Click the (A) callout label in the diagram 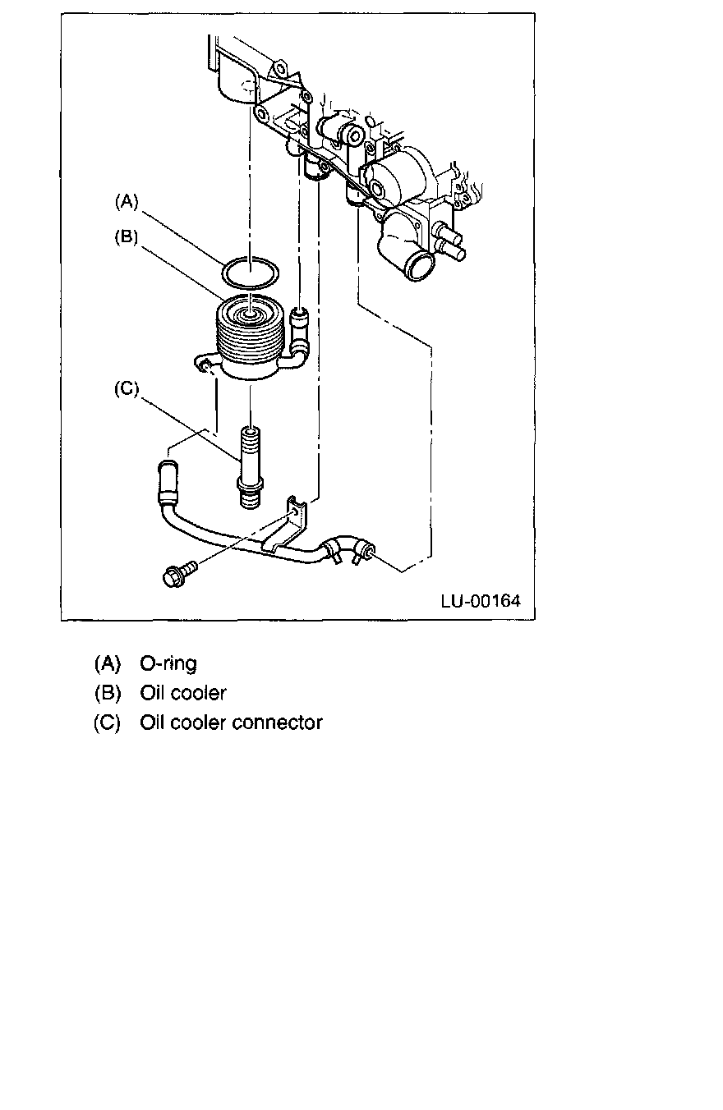coord(127,200)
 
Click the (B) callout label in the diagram coord(127,237)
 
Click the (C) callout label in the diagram coord(127,389)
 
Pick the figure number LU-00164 coord(480,601)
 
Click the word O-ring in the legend coord(168,663)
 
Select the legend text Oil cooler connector coord(231,723)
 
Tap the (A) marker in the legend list coord(108,663)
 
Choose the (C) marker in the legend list coord(108,723)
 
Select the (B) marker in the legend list coord(108,693)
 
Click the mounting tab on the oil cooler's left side coord(201,362)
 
